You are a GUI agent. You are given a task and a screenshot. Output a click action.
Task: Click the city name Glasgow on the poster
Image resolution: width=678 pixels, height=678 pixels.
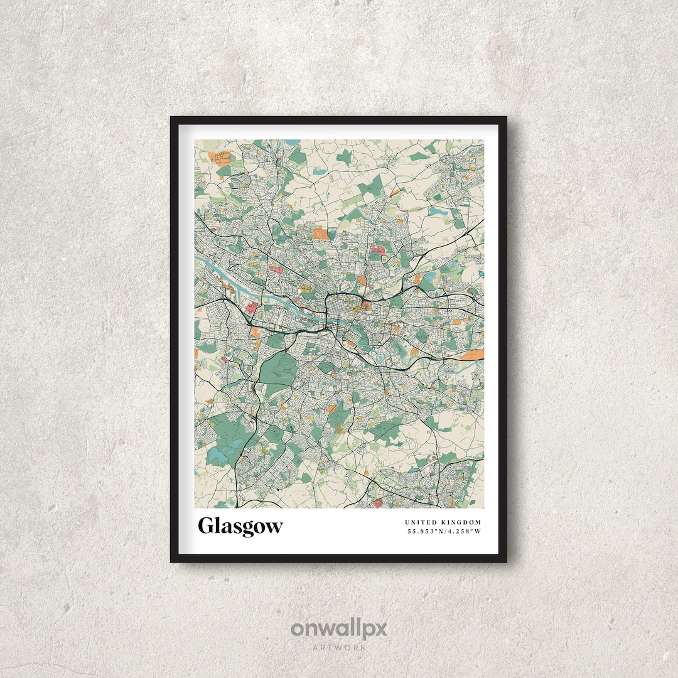[x=240, y=526]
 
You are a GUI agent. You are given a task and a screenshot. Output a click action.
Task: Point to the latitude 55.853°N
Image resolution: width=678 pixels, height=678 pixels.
[x=426, y=532]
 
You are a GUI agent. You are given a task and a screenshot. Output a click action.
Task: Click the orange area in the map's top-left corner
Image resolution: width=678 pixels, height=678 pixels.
[x=222, y=158]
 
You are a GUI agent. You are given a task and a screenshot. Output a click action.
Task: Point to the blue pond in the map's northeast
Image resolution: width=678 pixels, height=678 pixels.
[x=436, y=212]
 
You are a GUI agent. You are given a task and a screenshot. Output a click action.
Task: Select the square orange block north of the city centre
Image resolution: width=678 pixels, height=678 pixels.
[x=320, y=234]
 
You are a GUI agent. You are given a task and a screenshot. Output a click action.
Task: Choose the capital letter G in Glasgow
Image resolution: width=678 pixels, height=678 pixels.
[x=206, y=526]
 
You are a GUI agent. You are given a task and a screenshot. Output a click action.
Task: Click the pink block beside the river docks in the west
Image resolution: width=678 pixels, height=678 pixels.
[x=251, y=308]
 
